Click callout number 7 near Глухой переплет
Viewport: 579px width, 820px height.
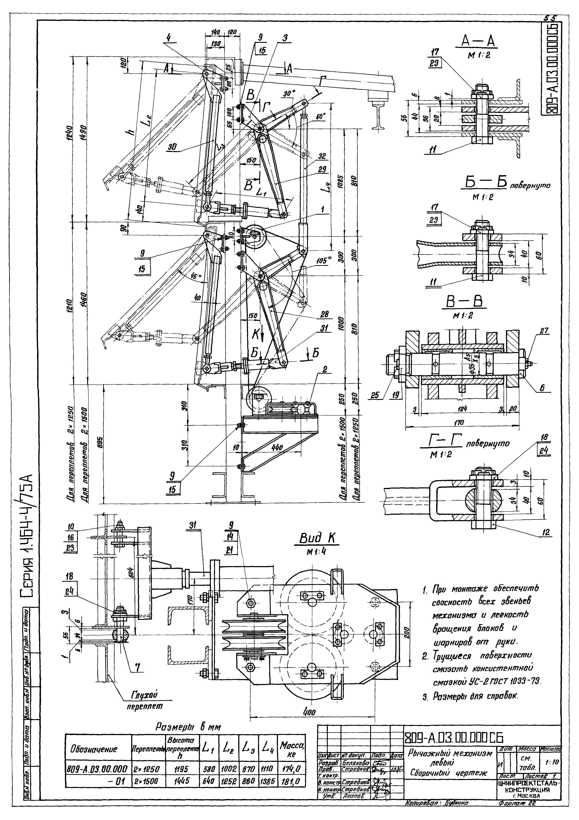tap(138, 667)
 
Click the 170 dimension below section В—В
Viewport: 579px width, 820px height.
tap(459, 423)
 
